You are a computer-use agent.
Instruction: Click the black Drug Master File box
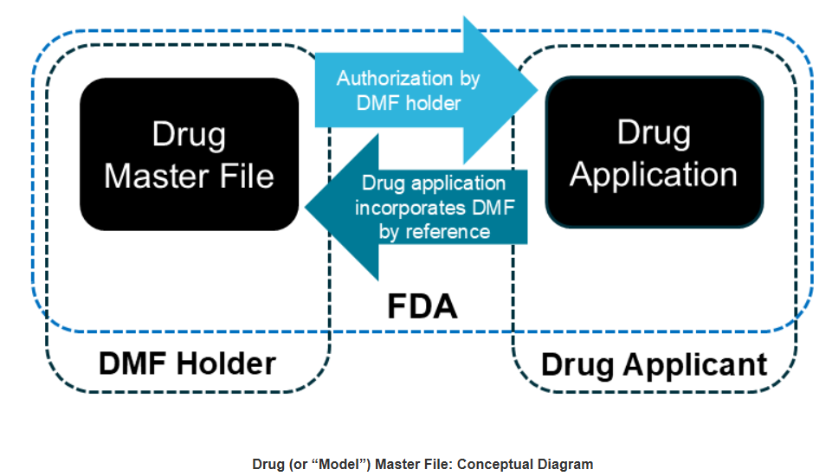click(189, 154)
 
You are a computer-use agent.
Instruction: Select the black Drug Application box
click(654, 152)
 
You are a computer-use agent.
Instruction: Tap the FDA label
click(422, 306)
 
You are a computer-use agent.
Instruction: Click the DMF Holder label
click(187, 363)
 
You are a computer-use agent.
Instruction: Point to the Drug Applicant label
click(654, 363)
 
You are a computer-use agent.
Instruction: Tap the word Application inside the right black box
click(654, 174)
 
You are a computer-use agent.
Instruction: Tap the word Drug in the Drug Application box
click(654, 132)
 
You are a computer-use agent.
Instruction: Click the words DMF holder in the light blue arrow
click(409, 102)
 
